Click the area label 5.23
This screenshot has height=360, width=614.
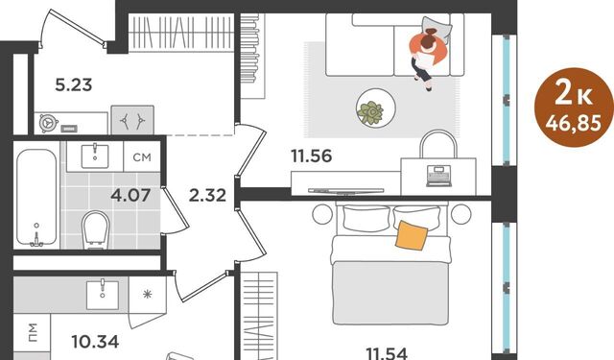[x=74, y=84]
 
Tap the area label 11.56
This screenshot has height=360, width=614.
[x=311, y=156]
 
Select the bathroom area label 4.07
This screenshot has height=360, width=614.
[x=130, y=195]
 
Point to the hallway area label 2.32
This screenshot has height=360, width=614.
[x=207, y=195]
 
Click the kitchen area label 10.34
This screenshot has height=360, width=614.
[x=95, y=342]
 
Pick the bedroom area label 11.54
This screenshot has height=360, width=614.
[x=387, y=353]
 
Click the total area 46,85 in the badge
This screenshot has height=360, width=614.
[x=574, y=124]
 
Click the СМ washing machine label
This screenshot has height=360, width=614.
[x=142, y=157]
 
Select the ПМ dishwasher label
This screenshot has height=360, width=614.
[x=33, y=332]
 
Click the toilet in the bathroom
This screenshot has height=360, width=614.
[x=95, y=230]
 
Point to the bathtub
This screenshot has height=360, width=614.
[x=36, y=198]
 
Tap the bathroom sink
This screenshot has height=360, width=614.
[x=95, y=156]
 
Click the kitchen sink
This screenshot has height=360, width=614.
[x=103, y=294]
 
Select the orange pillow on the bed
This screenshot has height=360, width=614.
[x=412, y=235]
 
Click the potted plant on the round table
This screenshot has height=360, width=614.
[x=370, y=113]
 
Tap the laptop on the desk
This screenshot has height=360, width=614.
[x=438, y=176]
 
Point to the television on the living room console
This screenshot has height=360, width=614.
[x=345, y=191]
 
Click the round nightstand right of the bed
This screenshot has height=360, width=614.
[x=460, y=214]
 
